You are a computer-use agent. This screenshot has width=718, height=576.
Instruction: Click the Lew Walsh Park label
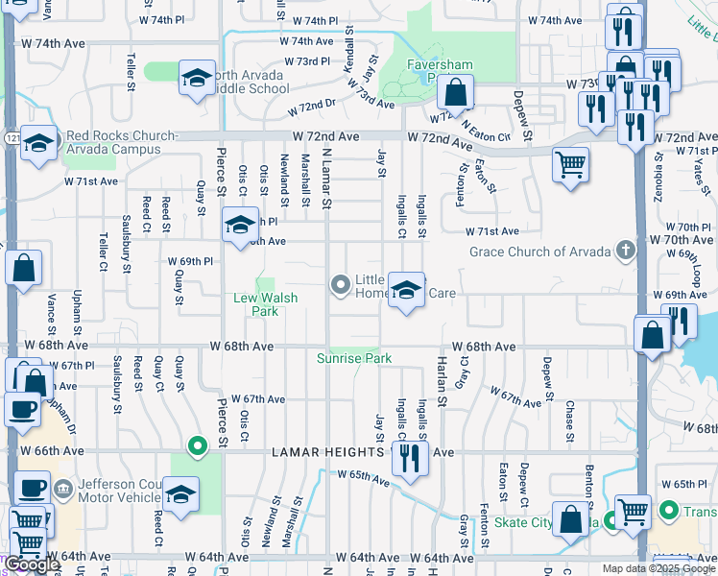(x=266, y=304)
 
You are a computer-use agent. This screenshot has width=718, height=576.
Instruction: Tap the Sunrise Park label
(x=355, y=358)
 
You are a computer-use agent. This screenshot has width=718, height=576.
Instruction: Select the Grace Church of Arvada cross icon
(x=625, y=252)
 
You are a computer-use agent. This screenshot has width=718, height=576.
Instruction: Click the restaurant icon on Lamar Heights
(x=411, y=457)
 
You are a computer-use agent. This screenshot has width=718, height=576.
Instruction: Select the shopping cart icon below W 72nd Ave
(x=570, y=164)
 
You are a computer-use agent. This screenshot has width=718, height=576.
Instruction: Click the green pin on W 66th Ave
(x=198, y=445)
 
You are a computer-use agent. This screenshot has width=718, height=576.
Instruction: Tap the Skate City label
(x=524, y=523)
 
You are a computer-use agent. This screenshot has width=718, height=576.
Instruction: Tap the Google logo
(x=31, y=564)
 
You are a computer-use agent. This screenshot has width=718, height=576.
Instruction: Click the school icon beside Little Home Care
(x=406, y=290)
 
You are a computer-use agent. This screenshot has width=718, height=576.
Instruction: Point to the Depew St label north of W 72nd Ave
(x=522, y=113)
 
